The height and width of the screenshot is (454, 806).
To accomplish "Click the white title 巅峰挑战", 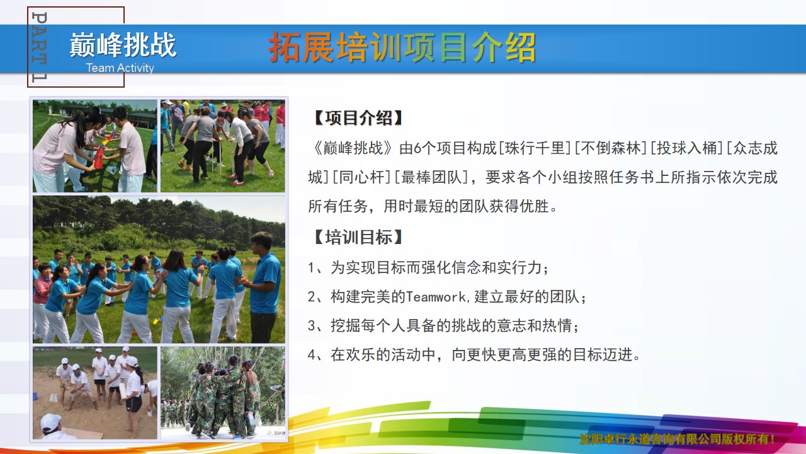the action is click(123, 45).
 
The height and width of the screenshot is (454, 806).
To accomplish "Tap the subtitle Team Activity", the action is click(120, 67).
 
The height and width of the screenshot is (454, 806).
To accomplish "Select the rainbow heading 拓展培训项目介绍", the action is click(402, 47).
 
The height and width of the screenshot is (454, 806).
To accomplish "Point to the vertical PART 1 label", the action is click(40, 47).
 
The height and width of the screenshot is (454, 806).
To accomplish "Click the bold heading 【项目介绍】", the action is click(359, 118).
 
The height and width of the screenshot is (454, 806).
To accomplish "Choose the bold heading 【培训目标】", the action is click(359, 237).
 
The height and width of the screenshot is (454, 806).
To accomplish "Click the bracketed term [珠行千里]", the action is click(535, 148).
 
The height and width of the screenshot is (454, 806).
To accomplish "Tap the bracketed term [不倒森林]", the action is click(611, 148).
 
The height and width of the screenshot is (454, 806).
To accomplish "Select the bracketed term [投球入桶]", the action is click(687, 148).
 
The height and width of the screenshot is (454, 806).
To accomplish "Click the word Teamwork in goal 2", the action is click(436, 297).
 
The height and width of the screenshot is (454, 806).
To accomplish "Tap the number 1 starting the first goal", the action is click(312, 268).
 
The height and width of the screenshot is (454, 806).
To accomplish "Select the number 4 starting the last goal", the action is click(312, 355).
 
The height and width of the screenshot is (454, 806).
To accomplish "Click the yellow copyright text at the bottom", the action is click(677, 439).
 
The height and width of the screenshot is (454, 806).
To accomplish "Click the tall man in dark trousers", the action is click(264, 287).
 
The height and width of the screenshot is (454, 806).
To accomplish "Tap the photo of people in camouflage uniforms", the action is click(223, 393).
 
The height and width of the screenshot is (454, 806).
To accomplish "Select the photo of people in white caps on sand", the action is click(95, 393).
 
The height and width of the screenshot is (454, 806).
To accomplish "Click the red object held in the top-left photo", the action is click(100, 158).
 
